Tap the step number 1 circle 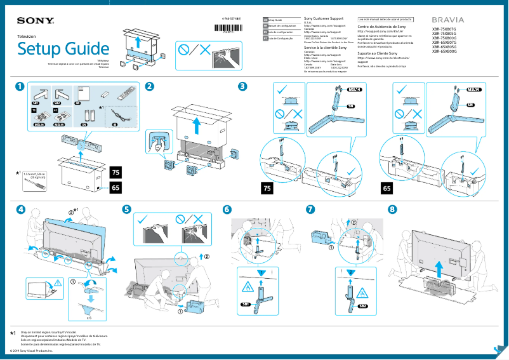(21, 86)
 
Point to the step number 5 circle (127, 210)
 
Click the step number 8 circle (392, 210)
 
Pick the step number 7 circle (310, 210)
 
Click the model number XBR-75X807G (444, 29)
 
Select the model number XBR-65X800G (444, 51)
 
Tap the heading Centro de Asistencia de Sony (384, 27)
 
